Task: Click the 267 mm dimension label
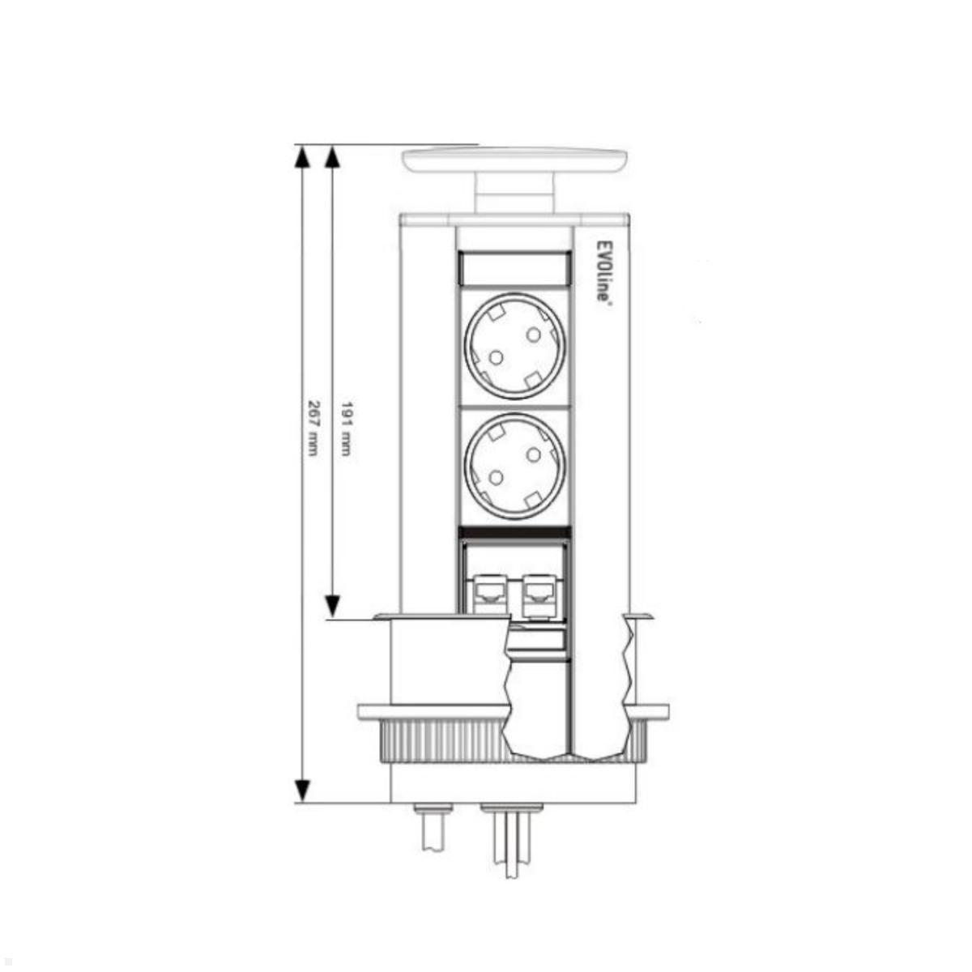pyautogui.click(x=312, y=428)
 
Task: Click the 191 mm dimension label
pyautogui.click(x=346, y=428)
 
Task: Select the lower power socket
pyautogui.click(x=514, y=466)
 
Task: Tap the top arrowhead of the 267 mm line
pyautogui.click(x=302, y=157)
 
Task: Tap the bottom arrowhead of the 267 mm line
pyautogui.click(x=302, y=790)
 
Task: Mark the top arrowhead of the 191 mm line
pyautogui.click(x=330, y=157)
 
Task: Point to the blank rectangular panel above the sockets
pyautogui.click(x=514, y=267)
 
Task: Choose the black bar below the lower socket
pyautogui.click(x=514, y=532)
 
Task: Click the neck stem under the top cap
pyautogui.click(x=514, y=194)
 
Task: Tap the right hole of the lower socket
pyautogui.click(x=533, y=455)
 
